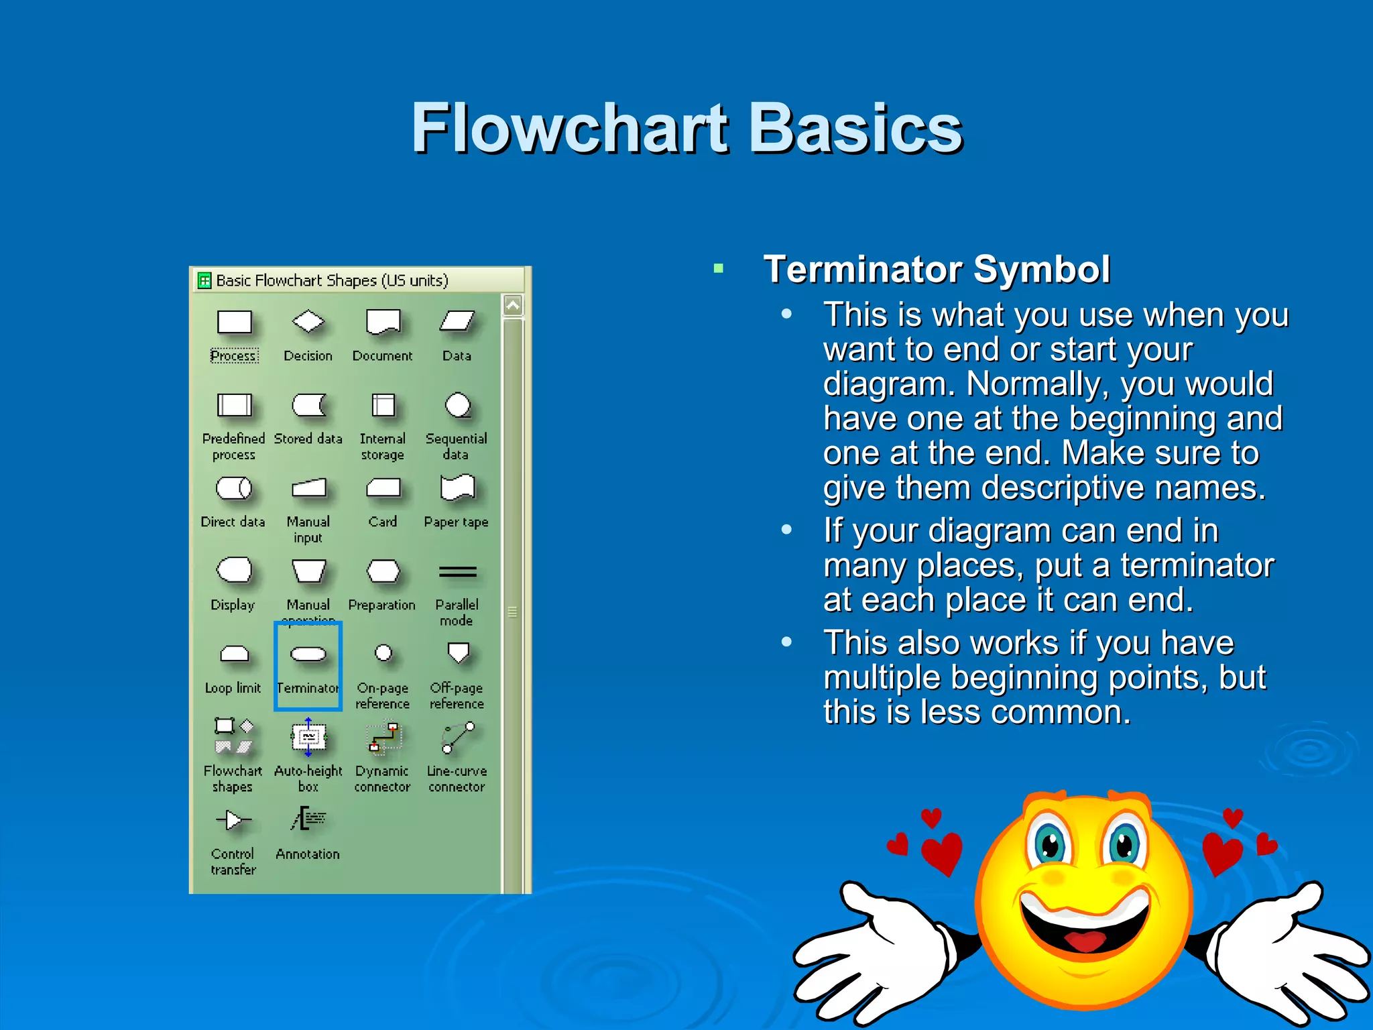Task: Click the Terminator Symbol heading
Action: [936, 270]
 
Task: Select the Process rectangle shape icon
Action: [234, 323]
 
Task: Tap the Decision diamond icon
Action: [308, 321]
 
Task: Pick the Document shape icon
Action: [383, 322]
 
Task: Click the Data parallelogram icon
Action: [457, 322]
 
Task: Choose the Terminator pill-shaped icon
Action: [308, 654]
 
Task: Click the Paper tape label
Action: [456, 522]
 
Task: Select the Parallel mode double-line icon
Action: [457, 572]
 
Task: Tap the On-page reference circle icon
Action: [383, 652]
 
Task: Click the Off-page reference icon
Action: [458, 652]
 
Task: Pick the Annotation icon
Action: [308, 819]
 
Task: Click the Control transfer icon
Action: [233, 819]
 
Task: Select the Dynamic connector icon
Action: [384, 738]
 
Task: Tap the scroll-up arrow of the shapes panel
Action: [513, 306]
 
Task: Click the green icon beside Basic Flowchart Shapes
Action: [204, 280]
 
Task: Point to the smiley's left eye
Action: [1050, 844]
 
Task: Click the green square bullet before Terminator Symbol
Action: [719, 269]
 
